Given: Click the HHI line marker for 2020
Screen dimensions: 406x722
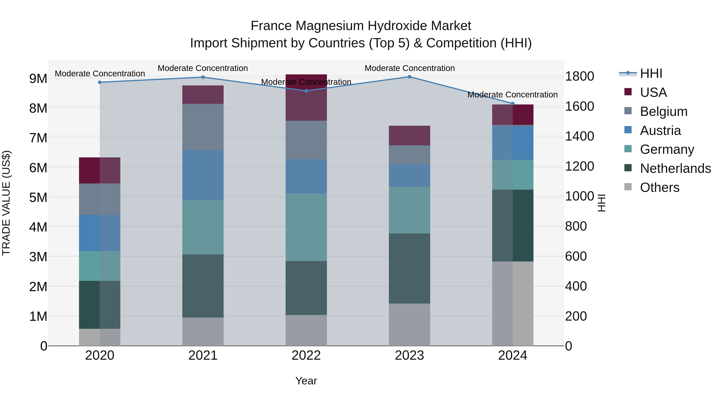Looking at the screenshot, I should tap(100, 82).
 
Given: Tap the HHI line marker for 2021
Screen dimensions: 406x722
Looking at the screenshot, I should tap(203, 77).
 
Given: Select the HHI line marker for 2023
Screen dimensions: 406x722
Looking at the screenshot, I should tap(410, 77).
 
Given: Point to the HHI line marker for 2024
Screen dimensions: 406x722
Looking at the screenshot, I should tap(513, 104).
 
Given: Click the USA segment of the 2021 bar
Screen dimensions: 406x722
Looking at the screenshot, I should tap(203, 95).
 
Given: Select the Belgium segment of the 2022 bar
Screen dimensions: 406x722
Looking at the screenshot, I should tap(306, 140).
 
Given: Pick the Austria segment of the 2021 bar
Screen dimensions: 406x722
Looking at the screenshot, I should tap(203, 175).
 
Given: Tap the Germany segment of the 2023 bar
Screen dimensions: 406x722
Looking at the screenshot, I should tap(410, 210).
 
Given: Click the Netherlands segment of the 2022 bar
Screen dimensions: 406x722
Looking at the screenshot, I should tap(306, 288).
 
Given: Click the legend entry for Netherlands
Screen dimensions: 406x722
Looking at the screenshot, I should tap(675, 168).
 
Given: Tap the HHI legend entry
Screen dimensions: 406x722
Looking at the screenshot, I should tap(651, 73).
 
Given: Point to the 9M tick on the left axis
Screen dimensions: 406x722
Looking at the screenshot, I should tap(38, 79).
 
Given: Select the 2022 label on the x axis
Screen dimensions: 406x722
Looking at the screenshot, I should tap(306, 355).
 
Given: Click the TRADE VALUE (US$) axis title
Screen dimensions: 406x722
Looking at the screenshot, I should tap(6, 203).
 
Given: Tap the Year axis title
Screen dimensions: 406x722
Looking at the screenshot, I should tap(306, 381).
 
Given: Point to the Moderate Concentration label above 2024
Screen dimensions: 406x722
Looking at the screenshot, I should tap(512, 95).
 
